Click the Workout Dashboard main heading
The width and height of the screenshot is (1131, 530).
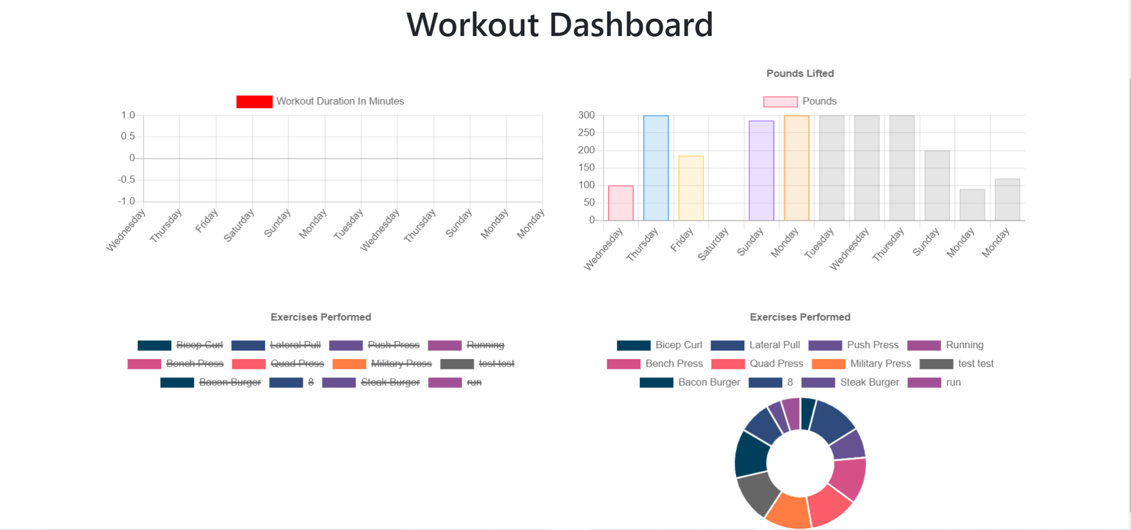pyautogui.click(x=559, y=25)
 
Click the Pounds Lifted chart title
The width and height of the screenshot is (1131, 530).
pyautogui.click(x=799, y=73)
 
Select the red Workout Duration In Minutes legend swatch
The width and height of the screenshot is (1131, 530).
pyautogui.click(x=254, y=101)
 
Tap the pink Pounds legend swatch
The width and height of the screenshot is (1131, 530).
pyautogui.click(x=780, y=101)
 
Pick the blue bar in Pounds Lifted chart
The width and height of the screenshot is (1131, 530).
pyautogui.click(x=655, y=168)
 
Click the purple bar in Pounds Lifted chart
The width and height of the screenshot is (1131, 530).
pyautogui.click(x=761, y=171)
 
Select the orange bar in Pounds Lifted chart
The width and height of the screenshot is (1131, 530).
pyautogui.click(x=796, y=168)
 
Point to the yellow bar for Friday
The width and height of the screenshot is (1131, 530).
pyautogui.click(x=691, y=188)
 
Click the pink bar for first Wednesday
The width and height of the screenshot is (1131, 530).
pyautogui.click(x=620, y=203)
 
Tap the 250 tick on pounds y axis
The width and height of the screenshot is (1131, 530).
pyautogui.click(x=586, y=133)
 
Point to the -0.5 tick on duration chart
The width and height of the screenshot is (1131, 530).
pyautogui.click(x=126, y=179)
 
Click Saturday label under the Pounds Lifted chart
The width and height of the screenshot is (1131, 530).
pyautogui.click(x=714, y=243)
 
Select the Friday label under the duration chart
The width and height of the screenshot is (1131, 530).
pyautogui.click(x=207, y=221)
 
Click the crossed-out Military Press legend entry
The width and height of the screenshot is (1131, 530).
pyautogui.click(x=401, y=364)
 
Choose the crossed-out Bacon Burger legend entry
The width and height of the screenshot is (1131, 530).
pyautogui.click(x=229, y=382)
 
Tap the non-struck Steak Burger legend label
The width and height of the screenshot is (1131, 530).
pyautogui.click(x=869, y=382)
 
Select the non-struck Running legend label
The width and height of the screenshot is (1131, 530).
pyautogui.click(x=964, y=345)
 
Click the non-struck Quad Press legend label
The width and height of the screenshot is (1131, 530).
pyautogui.click(x=776, y=364)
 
